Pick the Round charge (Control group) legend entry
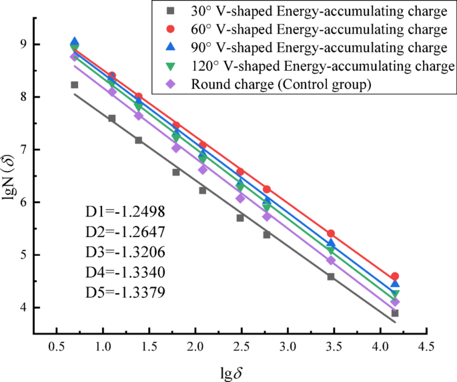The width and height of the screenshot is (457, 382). pos(280,84)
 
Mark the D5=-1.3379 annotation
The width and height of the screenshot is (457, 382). pos(125,292)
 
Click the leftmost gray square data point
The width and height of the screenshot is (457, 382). pos(75,85)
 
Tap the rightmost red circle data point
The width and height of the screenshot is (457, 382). pos(395,276)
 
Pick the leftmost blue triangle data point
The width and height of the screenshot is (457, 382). pos(75,42)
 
